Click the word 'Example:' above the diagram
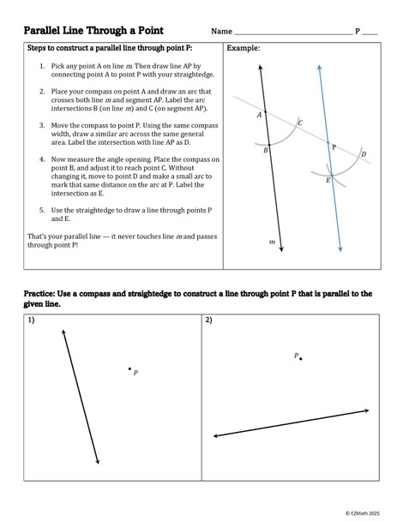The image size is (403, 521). tap(244, 49)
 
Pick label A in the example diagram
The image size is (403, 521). tap(259, 114)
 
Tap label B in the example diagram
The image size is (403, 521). tap(266, 150)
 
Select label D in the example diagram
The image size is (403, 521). tap(364, 154)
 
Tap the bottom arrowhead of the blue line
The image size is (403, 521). tap(340, 249)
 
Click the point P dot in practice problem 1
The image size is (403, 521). tap(129, 369)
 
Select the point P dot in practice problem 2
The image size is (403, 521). tap(301, 358)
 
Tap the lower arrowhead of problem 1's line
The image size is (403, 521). tap(99, 462)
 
